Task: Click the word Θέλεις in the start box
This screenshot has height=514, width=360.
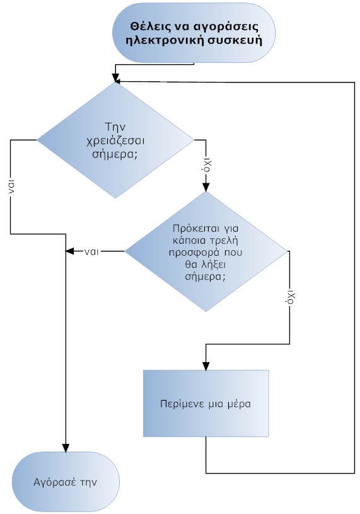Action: [148, 26]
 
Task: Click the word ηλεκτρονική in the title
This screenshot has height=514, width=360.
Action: [161, 41]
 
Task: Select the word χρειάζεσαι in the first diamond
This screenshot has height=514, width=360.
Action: [115, 141]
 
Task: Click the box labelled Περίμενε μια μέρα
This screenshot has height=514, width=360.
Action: [206, 404]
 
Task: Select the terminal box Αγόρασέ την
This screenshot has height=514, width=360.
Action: [66, 482]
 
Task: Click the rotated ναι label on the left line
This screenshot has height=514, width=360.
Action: [11, 186]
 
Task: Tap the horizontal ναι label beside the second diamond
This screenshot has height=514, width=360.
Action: [91, 251]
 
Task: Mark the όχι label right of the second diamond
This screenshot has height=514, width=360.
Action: [290, 297]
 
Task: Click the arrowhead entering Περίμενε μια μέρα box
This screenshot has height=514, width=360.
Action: [206, 366]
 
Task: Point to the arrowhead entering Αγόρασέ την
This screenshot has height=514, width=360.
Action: [66, 448]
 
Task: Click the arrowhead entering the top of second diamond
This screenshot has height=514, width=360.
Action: [206, 187]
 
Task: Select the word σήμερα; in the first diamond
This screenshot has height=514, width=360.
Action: [114, 155]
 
